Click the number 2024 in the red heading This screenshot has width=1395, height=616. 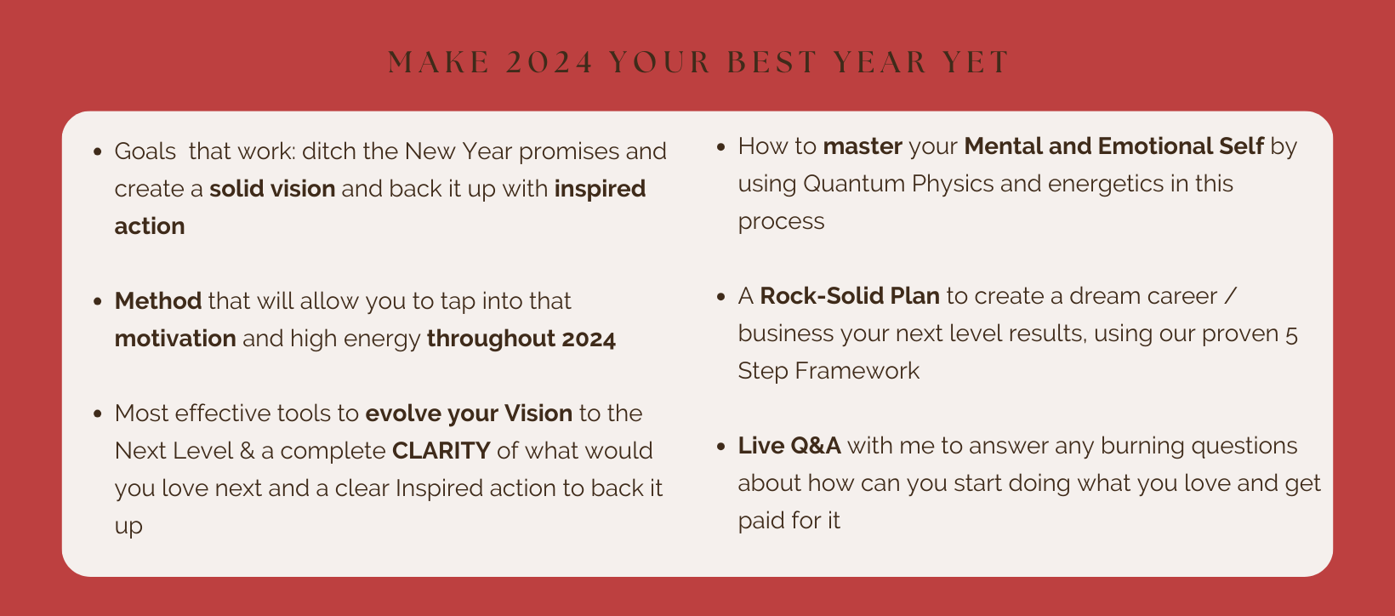click(549, 62)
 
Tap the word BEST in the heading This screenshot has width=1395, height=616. click(772, 62)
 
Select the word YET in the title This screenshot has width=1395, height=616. click(975, 62)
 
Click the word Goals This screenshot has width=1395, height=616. click(145, 152)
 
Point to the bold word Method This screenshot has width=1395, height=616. click(158, 301)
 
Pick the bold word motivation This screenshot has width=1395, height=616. click(175, 339)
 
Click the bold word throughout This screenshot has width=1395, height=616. click(491, 339)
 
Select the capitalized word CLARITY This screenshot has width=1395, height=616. click(441, 450)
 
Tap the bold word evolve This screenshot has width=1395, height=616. click(403, 413)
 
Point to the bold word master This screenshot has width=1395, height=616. click(863, 146)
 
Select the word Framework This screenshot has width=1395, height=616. click(857, 371)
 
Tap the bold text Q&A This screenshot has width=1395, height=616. click(815, 446)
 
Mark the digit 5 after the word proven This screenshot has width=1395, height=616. click(1291, 335)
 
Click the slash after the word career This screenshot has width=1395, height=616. click(1230, 296)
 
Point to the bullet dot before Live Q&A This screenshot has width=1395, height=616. click(721, 447)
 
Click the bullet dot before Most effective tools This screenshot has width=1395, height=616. click(97, 414)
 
